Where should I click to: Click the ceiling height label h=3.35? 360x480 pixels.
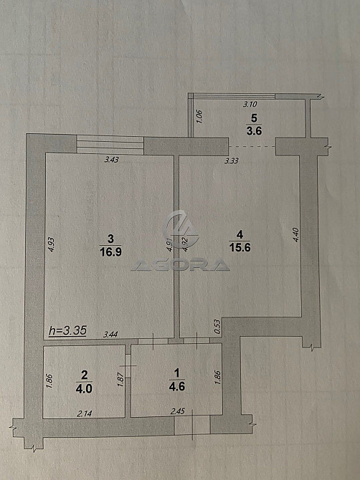67,330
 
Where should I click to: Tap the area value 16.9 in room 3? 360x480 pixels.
110,252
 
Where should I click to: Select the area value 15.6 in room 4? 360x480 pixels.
240,247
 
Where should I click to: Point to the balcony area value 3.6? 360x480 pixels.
254,130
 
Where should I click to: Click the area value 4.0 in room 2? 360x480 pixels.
84,389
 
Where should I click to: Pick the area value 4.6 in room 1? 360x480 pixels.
177,386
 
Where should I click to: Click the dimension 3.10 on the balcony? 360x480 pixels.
250,104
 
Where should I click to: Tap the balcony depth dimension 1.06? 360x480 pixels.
199,117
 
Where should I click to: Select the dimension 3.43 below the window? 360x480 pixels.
112,160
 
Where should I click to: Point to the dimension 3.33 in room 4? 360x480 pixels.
232,160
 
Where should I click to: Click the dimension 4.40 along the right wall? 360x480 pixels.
296,235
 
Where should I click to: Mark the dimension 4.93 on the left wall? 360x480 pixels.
52,244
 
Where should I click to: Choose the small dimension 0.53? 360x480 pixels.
217,327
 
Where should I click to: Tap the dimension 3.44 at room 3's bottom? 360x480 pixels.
110,335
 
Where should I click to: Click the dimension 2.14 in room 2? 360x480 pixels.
84,414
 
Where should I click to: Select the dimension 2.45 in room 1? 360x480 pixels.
178,411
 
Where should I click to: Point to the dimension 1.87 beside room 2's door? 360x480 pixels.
120,379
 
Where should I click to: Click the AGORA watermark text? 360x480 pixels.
181,265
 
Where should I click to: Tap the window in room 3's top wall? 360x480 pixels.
110,145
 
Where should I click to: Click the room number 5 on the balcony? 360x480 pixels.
254,117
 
